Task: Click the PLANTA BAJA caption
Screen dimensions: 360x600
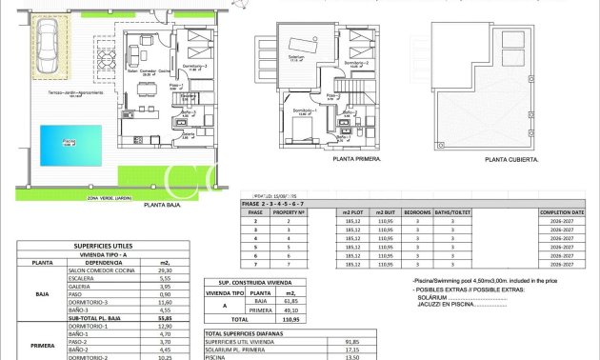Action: click(x=162, y=204)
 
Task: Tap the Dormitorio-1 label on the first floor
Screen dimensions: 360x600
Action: click(x=304, y=110)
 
